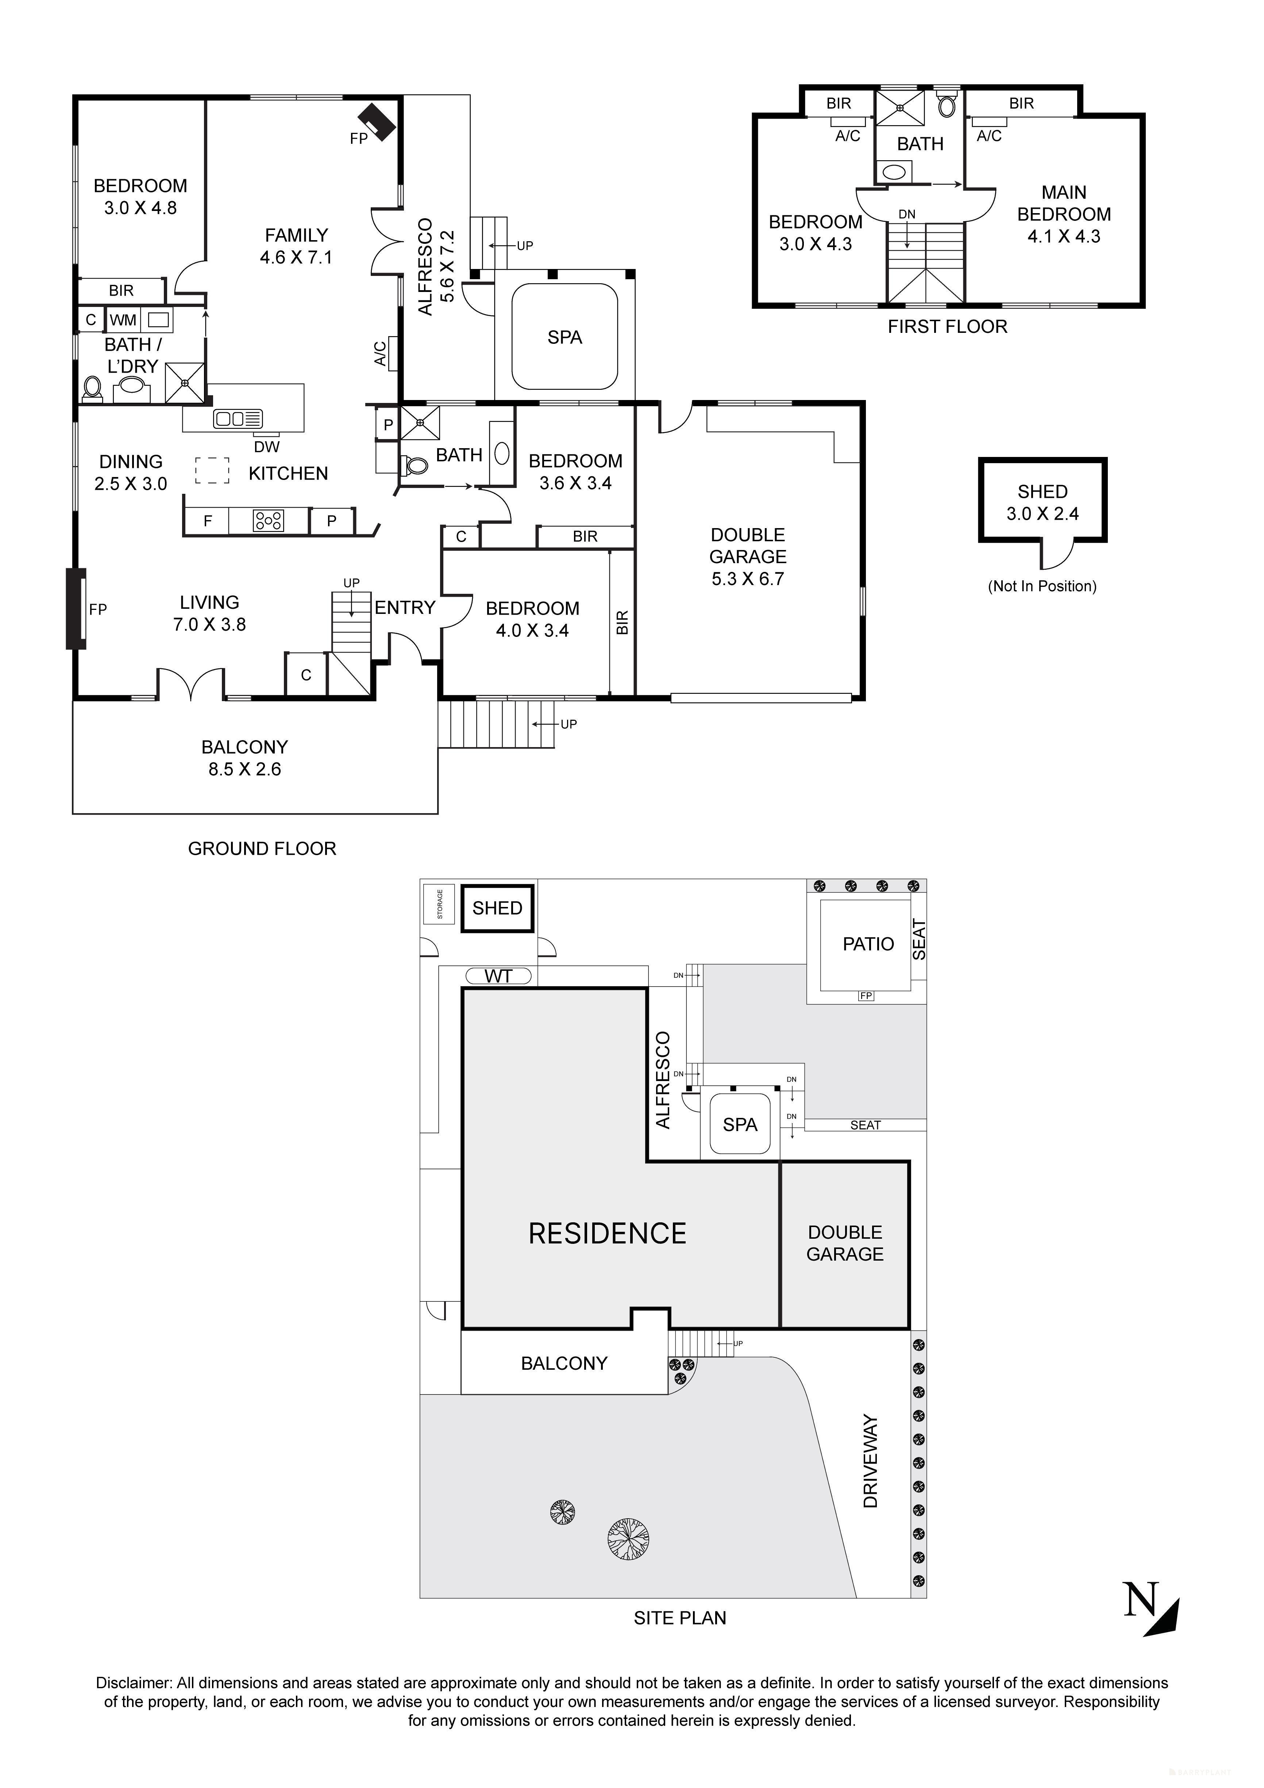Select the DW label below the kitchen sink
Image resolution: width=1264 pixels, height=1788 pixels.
[266, 447]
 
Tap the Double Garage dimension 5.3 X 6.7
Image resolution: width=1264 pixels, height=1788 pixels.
[748, 578]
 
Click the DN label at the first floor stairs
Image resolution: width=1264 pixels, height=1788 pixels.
[906, 214]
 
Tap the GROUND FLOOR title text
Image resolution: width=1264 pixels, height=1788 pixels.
[262, 849]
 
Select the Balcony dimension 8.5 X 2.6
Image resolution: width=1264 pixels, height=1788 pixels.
[244, 769]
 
